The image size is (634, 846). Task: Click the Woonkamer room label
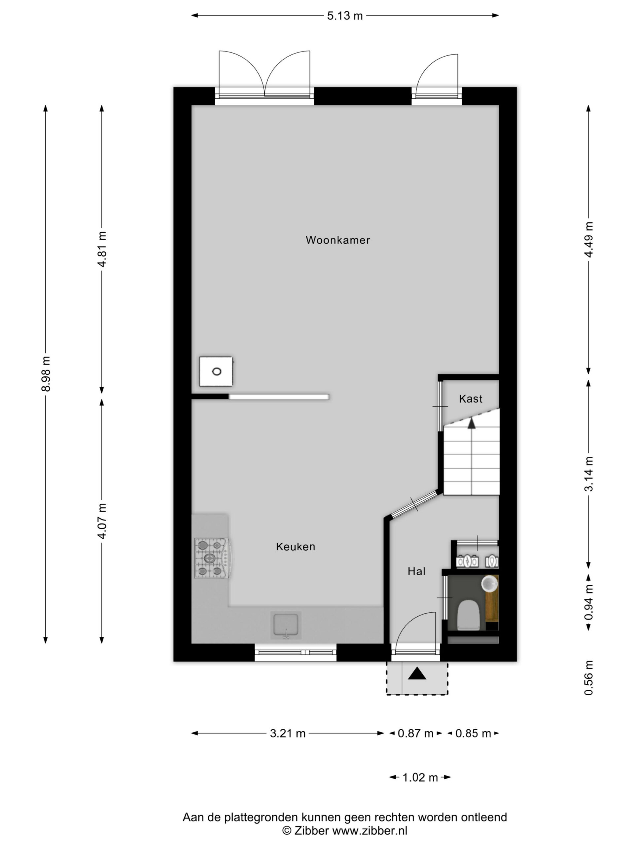tap(338, 240)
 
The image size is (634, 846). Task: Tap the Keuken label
tap(296, 547)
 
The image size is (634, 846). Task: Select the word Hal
tap(416, 571)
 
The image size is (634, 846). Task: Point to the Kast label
tap(471, 399)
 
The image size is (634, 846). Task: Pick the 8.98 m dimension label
tap(46, 374)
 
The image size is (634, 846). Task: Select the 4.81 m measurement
tap(102, 249)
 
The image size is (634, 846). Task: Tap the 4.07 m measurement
tap(102, 521)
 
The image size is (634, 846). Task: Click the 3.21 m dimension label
tap(288, 734)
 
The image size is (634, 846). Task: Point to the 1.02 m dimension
tap(420, 778)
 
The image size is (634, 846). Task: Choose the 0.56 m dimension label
tap(589, 677)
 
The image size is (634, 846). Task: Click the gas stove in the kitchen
tap(212, 558)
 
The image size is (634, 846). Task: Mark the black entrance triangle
tap(417, 673)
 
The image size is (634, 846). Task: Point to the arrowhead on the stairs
tap(472, 423)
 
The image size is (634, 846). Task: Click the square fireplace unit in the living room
tap(216, 371)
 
